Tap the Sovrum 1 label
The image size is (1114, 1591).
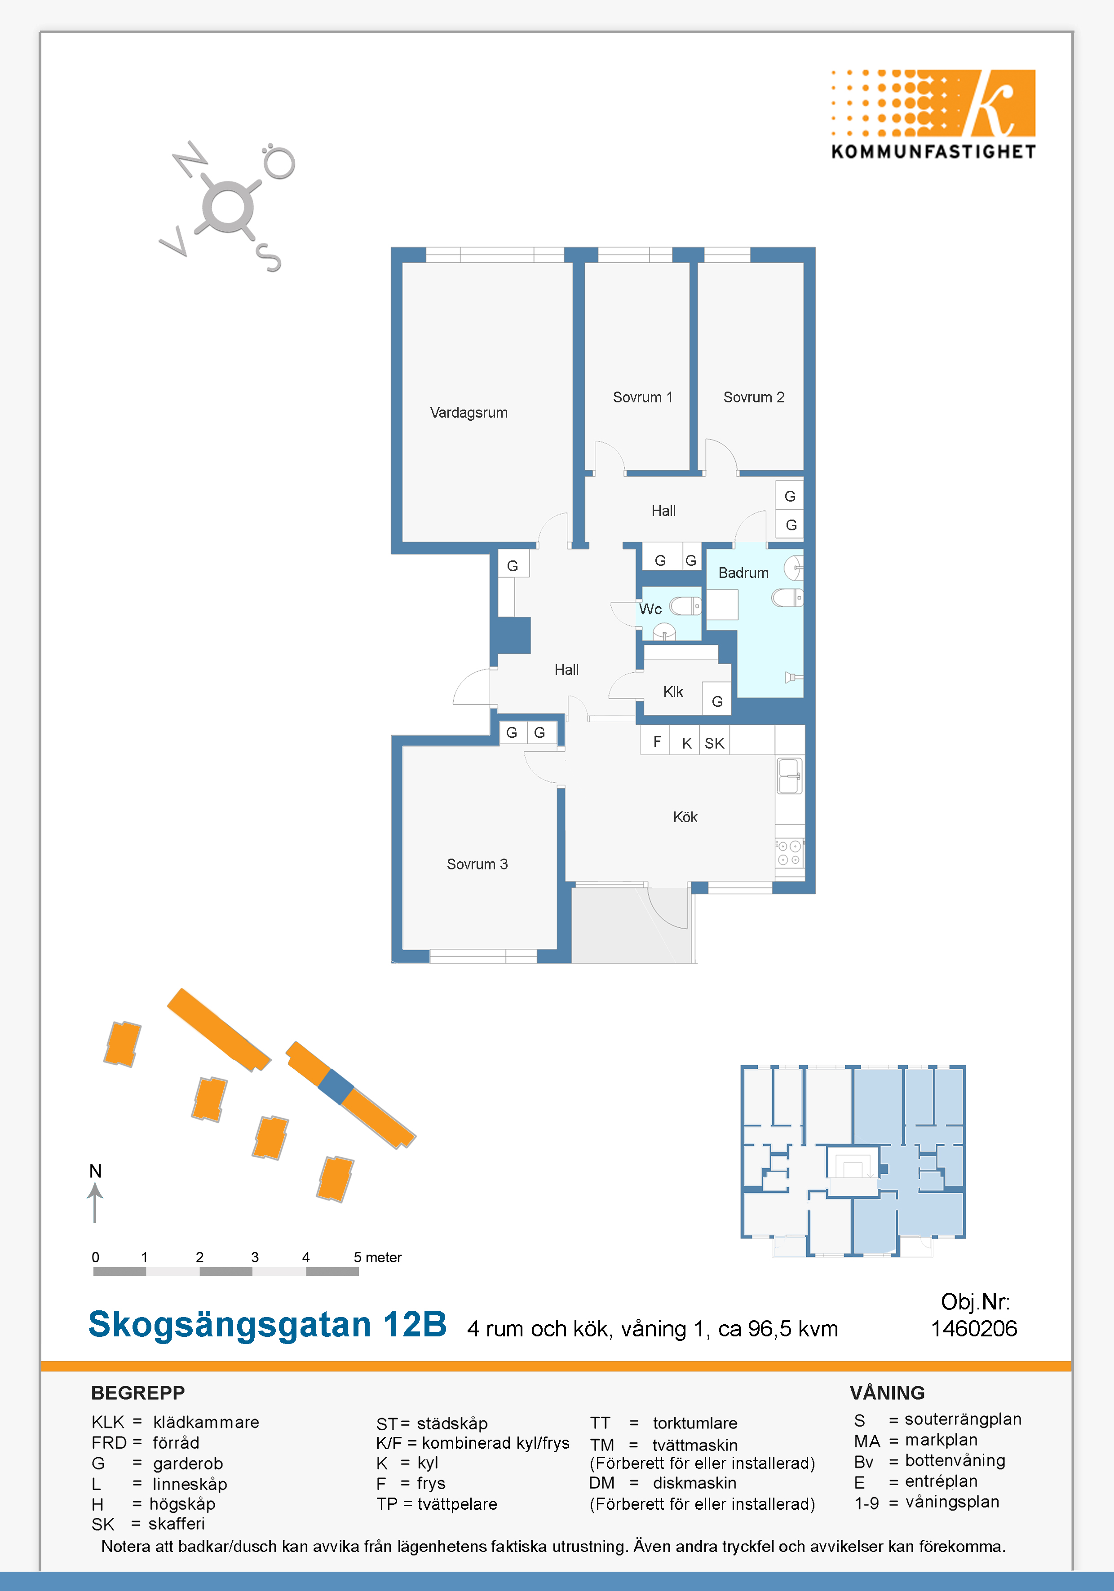click(643, 397)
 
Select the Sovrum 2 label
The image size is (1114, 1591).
click(754, 397)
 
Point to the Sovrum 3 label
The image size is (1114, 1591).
click(477, 864)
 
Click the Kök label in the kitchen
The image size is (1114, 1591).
click(685, 817)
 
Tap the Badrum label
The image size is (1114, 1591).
click(743, 573)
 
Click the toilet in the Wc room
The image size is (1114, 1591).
click(685, 606)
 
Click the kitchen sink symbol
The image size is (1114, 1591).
click(790, 776)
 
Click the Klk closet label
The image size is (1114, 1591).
click(673, 692)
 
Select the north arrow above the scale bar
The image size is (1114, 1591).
click(95, 1202)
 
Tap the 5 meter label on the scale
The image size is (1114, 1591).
click(377, 1257)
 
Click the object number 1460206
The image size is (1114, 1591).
click(974, 1328)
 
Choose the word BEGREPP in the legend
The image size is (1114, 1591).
click(138, 1393)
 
